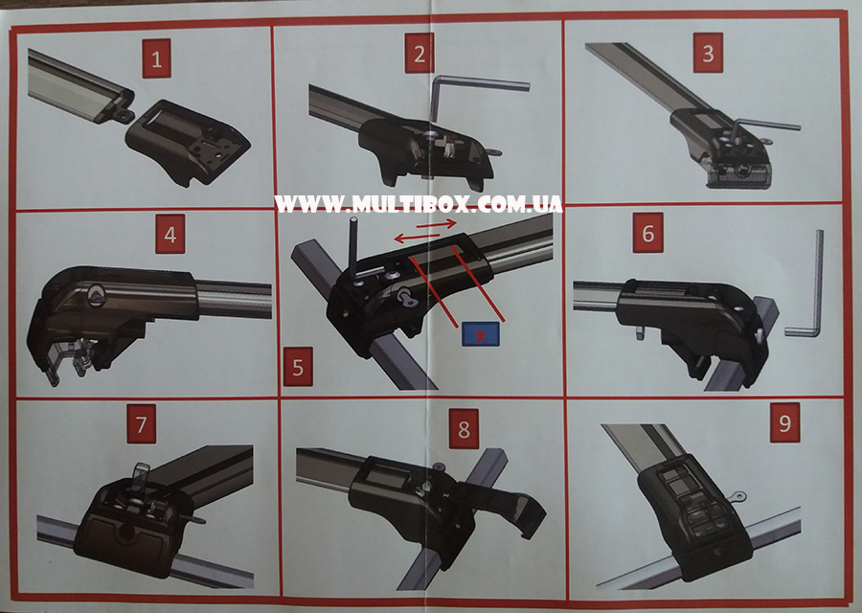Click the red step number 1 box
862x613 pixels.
[157, 58]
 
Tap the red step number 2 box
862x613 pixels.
[420, 54]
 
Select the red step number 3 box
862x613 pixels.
[708, 53]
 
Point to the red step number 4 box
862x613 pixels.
[170, 235]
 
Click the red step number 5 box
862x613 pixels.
[298, 367]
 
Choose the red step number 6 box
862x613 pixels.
[648, 234]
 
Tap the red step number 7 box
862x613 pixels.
[142, 424]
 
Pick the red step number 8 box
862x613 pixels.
[464, 429]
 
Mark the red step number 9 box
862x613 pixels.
[785, 422]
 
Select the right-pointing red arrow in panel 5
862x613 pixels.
[437, 224]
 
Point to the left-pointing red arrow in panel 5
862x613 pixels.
[417, 238]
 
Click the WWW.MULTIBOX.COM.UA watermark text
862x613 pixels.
[419, 204]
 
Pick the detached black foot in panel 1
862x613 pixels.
[188, 142]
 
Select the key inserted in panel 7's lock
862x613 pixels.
[140, 476]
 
